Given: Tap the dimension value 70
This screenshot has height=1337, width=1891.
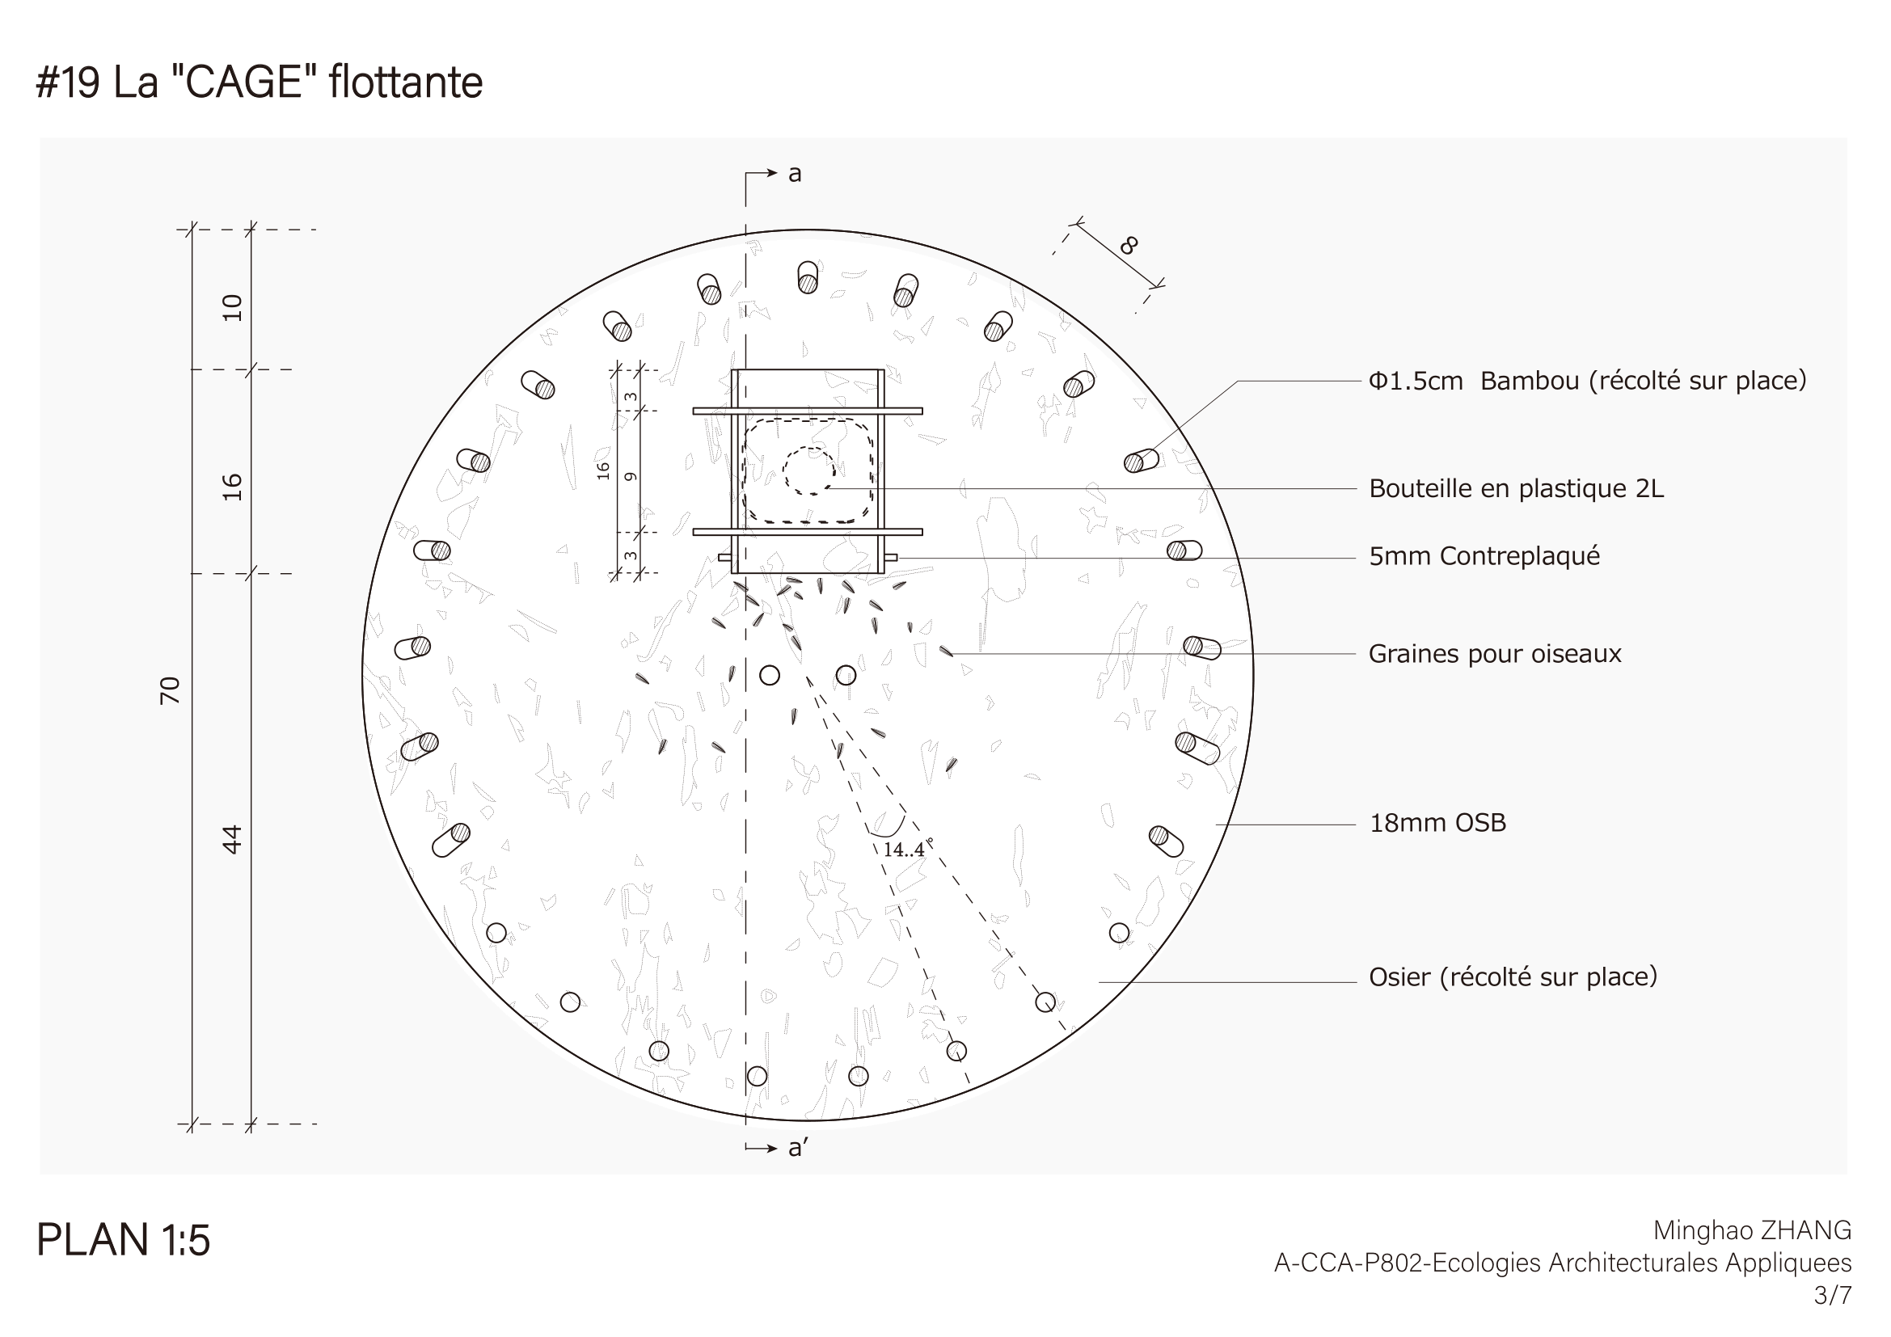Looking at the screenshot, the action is pos(170,690).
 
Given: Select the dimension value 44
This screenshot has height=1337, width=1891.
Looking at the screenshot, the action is pos(233,839).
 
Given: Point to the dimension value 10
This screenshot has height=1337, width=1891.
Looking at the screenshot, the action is pos(233,307).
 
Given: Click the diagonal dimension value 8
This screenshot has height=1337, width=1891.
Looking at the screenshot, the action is pos(1129,246).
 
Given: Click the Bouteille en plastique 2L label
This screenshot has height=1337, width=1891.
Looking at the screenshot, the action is pos(1516,488).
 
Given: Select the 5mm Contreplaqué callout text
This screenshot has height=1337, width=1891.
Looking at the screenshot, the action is pos(1484,556).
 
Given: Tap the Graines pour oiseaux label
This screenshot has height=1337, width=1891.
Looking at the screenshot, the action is pos(1495,654).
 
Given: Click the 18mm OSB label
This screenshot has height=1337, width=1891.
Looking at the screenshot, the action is pos(1437,822).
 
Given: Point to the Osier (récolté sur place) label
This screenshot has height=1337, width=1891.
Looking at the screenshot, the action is pos(1513,977).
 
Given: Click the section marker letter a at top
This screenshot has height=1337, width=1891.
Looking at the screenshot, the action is pos(795,174).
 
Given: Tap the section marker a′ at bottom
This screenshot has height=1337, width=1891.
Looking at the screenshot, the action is pos(797,1148).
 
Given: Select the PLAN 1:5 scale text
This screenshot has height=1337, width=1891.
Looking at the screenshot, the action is pos(124,1240).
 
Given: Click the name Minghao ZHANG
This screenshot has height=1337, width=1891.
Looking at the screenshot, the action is pos(1753,1230).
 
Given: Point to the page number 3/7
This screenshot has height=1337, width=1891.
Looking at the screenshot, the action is pos(1833,1295).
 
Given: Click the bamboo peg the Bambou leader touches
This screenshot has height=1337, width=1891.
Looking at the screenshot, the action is pos(1142,461).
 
